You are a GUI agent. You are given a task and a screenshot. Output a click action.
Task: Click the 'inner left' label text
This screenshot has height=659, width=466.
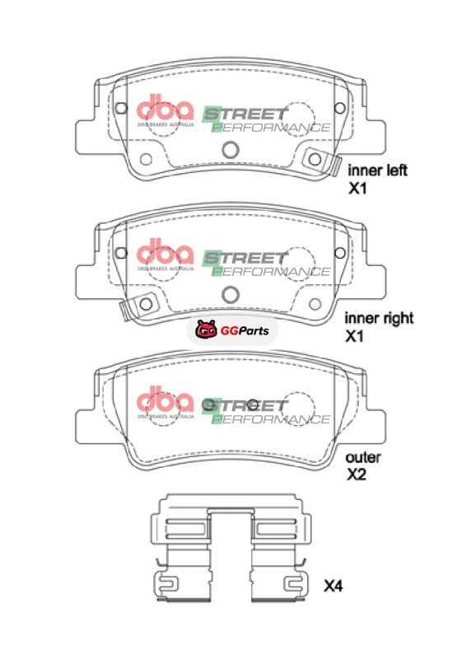377,171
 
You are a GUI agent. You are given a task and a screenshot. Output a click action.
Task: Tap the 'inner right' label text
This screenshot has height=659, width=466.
379,318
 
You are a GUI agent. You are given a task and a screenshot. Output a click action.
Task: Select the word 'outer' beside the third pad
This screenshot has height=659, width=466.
363,457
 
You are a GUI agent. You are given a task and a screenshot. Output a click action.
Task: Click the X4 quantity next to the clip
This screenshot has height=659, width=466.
333,586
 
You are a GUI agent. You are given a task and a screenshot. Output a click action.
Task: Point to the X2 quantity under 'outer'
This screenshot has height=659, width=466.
356,474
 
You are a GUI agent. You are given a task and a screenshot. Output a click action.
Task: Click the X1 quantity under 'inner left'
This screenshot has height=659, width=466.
357,189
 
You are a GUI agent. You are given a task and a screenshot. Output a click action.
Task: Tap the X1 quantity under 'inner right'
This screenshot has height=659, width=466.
354,336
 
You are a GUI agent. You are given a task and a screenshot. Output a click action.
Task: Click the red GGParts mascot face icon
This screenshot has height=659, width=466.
207,329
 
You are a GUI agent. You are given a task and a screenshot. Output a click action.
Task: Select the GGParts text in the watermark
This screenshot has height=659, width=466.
245,331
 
